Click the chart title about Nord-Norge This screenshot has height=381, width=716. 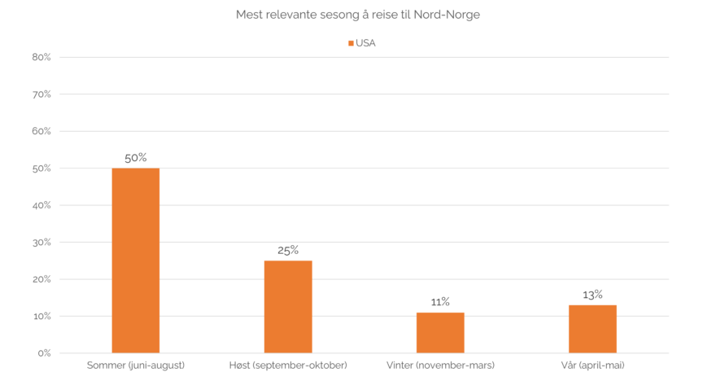pyautogui.click(x=358, y=15)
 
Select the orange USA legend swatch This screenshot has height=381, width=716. pyautogui.click(x=351, y=42)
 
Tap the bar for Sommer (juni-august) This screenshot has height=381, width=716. pyautogui.click(x=136, y=261)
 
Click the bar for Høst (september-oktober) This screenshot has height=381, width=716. pyautogui.click(x=288, y=306)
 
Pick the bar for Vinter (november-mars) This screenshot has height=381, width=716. pyautogui.click(x=440, y=332)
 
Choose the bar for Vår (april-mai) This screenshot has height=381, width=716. pyautogui.click(x=592, y=329)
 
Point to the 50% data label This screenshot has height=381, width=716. pyautogui.click(x=136, y=158)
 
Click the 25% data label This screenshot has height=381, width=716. pyautogui.click(x=288, y=250)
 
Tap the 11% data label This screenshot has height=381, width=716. pyautogui.click(x=440, y=301)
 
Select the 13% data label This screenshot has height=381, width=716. pyautogui.click(x=592, y=294)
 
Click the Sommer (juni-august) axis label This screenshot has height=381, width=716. pyautogui.click(x=136, y=365)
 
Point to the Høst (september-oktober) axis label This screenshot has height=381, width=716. pyautogui.click(x=288, y=365)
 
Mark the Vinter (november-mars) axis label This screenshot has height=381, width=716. pyautogui.click(x=440, y=365)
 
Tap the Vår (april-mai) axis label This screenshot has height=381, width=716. pyautogui.click(x=592, y=365)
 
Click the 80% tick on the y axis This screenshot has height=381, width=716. pyautogui.click(x=42, y=58)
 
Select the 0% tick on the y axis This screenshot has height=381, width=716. pyautogui.click(x=45, y=353)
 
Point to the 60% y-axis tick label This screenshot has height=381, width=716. pyautogui.click(x=42, y=132)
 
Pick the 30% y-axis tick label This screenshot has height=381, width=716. pyautogui.click(x=42, y=243)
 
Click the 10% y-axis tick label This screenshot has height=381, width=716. pyautogui.click(x=42, y=316)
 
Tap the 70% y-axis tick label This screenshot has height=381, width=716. pyautogui.click(x=42, y=94)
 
